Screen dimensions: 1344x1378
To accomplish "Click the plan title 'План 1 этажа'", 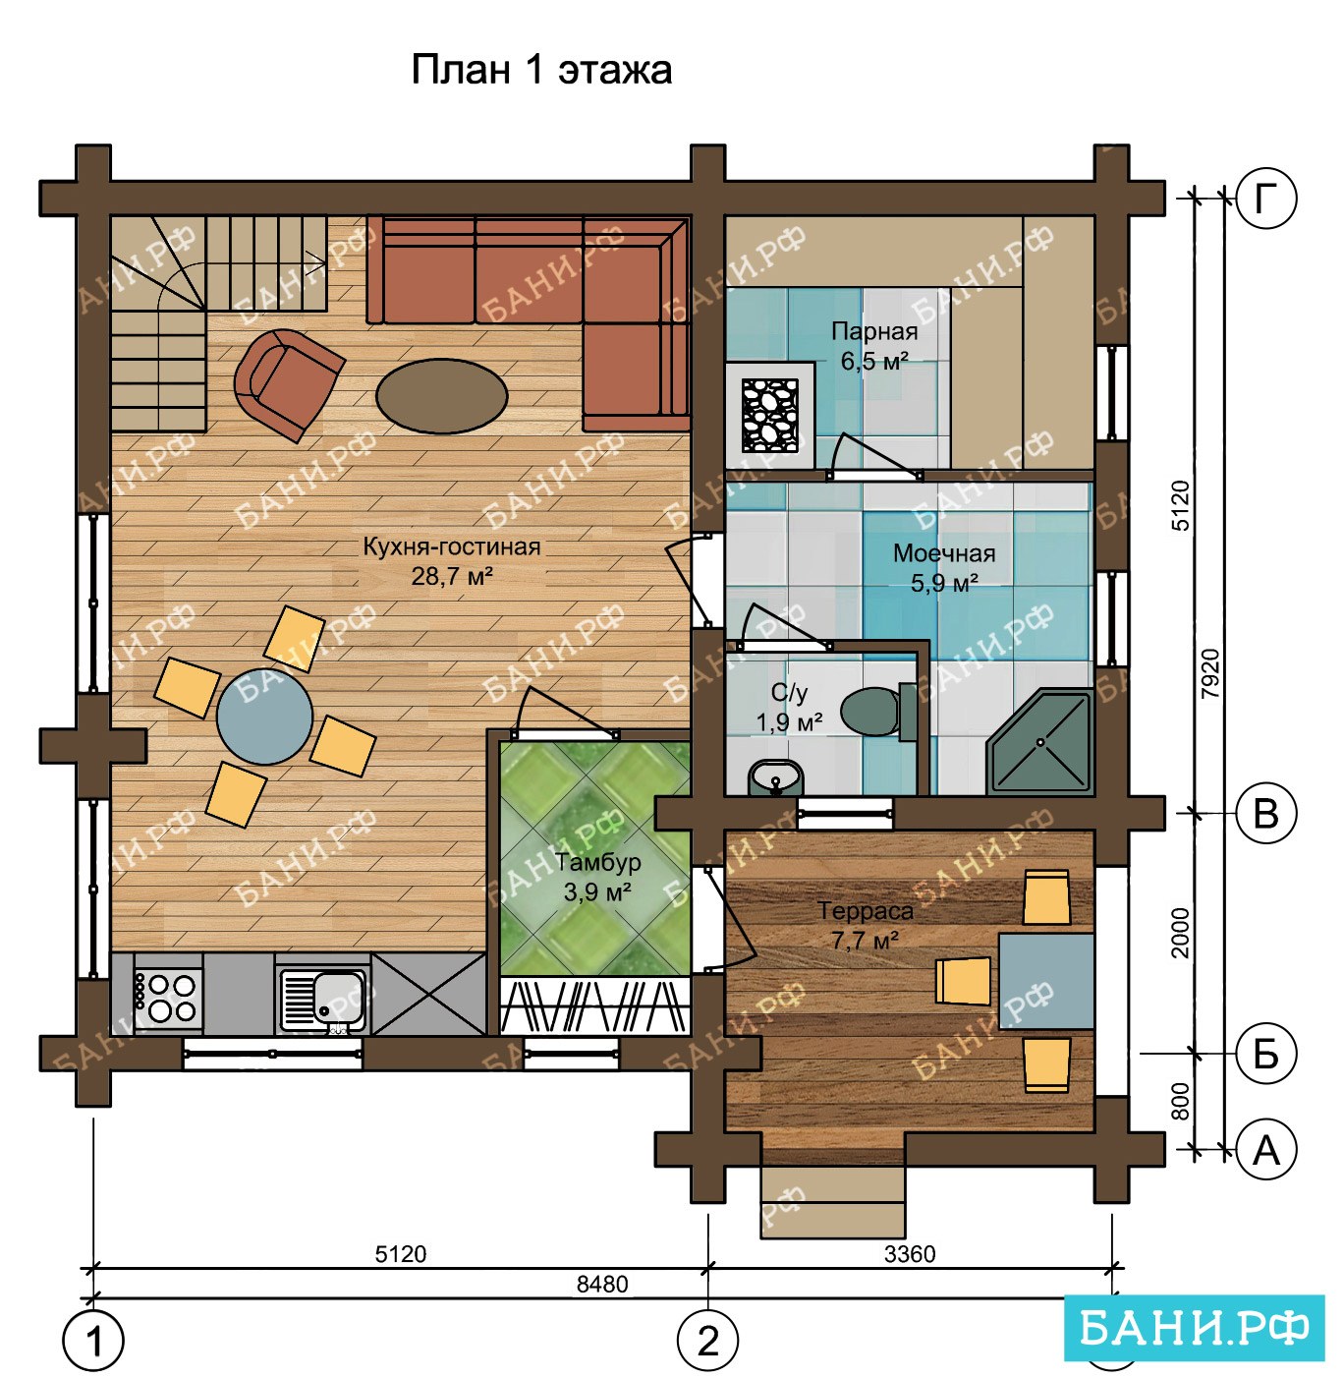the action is tap(541, 71).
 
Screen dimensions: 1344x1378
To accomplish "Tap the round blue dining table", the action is tap(264, 716).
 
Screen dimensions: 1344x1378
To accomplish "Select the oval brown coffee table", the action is tap(442, 396).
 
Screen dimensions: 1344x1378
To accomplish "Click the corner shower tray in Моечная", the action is tap(1040, 741).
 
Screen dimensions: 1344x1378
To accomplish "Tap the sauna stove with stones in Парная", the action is tap(770, 415).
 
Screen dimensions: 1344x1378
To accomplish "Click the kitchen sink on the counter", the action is tap(322, 1000).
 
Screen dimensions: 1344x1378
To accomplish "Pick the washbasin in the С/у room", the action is tap(776, 777).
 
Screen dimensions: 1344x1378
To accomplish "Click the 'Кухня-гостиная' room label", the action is tap(452, 547).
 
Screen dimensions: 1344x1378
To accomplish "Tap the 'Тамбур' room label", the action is tap(598, 863).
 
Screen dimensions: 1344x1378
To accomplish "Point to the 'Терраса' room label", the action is tap(866, 911).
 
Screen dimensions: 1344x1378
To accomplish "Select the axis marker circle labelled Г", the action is tap(1266, 199).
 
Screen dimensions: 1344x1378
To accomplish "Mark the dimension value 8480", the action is tap(602, 1284).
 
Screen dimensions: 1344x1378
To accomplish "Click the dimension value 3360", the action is tap(910, 1254).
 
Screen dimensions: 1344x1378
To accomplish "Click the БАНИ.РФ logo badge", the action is tap(1194, 1328).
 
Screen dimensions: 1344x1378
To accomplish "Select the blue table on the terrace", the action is tap(1046, 981).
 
